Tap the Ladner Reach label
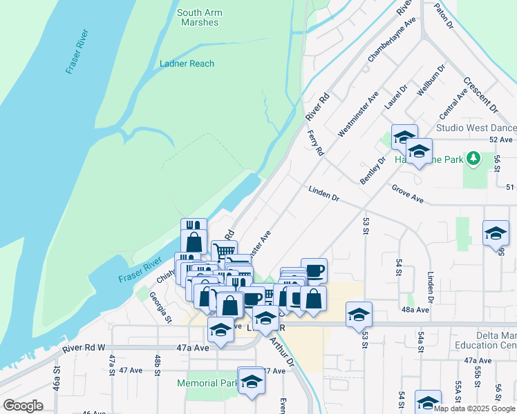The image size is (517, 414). (187, 63)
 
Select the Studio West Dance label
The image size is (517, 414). (476, 128)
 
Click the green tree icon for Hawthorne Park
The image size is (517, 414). (473, 159)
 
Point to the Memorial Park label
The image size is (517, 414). (207, 383)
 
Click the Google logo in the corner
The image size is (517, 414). (23, 405)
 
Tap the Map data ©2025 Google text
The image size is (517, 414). (475, 408)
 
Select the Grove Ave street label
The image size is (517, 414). (407, 193)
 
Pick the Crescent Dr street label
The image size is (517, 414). (480, 95)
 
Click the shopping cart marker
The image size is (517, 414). (224, 251)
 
